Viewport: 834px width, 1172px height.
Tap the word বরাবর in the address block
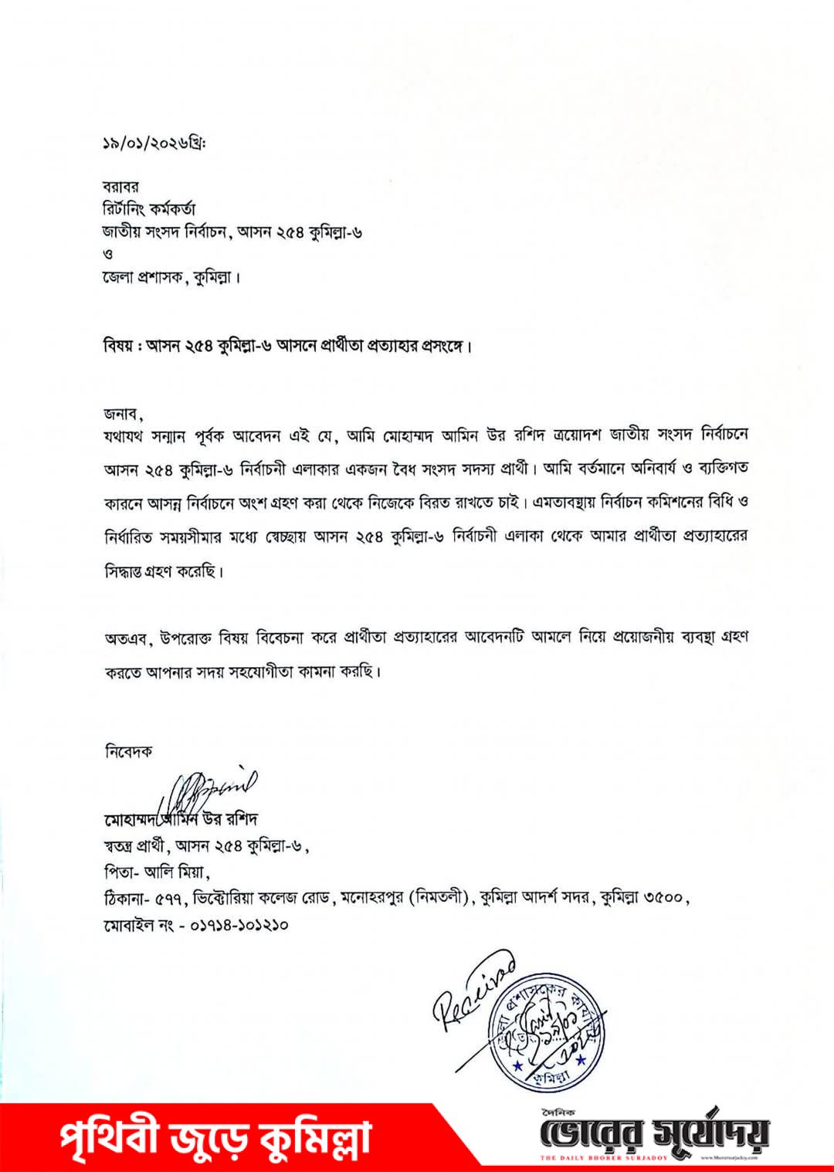pos(120,187)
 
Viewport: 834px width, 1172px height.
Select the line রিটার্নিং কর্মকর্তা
pos(149,209)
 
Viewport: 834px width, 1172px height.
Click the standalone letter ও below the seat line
pos(108,254)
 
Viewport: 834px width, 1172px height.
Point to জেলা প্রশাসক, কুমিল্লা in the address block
pos(171,277)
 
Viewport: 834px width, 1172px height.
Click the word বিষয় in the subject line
pos(119,345)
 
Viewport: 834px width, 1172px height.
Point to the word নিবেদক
pos(128,751)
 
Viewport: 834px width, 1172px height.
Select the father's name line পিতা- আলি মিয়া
pos(157,872)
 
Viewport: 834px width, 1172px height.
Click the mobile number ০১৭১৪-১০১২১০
pos(239,924)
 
